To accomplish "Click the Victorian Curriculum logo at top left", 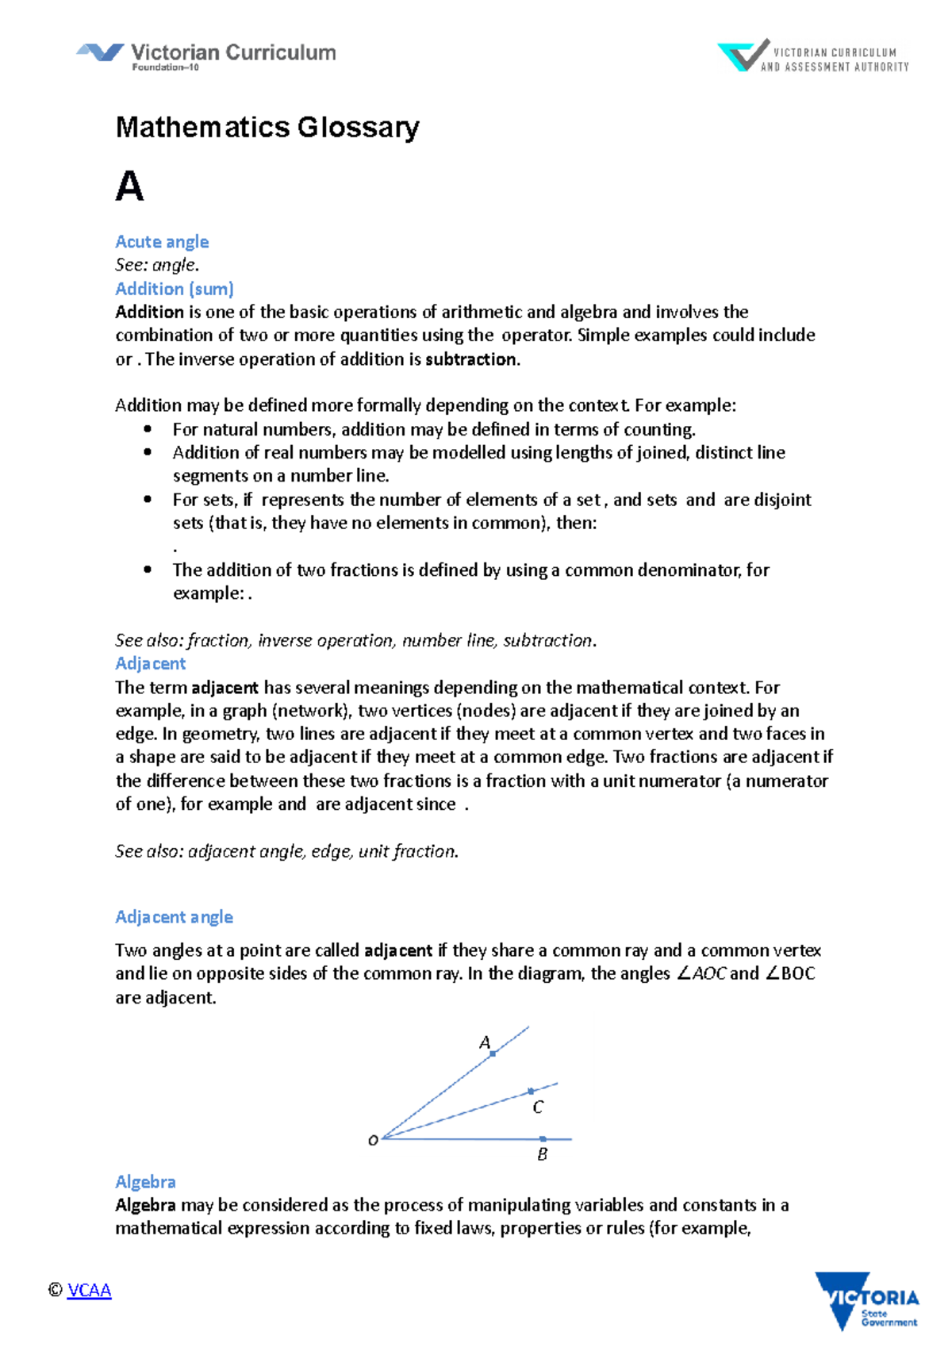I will [x=205, y=56].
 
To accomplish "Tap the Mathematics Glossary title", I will [x=267, y=127].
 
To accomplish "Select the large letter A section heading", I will [x=129, y=187].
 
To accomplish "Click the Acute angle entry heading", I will [x=162, y=241].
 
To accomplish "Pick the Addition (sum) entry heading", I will [x=175, y=289].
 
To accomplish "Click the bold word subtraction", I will [x=471, y=359].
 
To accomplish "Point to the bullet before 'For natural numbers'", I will [x=148, y=429].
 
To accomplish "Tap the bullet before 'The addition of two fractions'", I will [x=148, y=570].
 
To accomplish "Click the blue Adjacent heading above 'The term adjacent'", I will [x=150, y=663].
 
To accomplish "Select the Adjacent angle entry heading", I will [x=174, y=917].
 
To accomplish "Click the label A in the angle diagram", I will [x=485, y=1042].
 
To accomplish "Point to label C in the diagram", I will [x=538, y=1107].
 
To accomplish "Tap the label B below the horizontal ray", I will [x=543, y=1155].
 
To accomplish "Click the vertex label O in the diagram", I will [x=373, y=1141].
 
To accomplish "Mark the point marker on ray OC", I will [x=531, y=1092].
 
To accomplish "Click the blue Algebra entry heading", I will [x=145, y=1182].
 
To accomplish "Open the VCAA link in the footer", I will [x=89, y=1291].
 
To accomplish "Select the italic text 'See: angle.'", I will [x=157, y=265].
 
